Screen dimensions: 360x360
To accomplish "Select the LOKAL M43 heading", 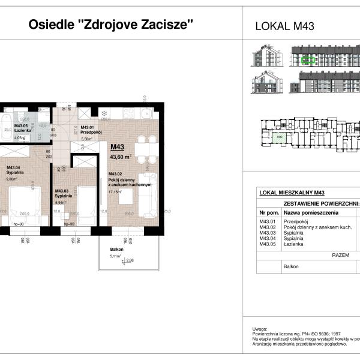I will (x=285, y=26).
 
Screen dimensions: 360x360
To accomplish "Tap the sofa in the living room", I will (x=147, y=194).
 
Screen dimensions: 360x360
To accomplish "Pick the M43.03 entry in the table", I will (x=268, y=233).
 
